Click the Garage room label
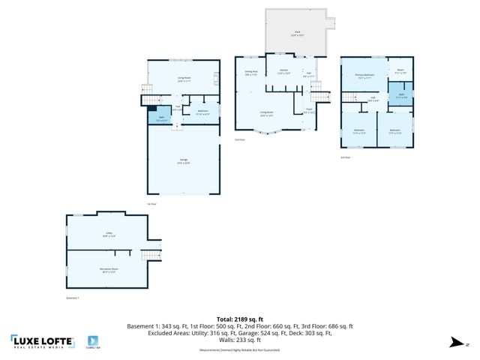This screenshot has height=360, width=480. tap(184, 161)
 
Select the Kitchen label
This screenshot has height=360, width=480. tap(283, 72)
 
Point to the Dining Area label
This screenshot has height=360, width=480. tap(250, 73)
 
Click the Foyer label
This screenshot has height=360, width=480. tap(308, 110)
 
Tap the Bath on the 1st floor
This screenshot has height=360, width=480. tap(161, 118)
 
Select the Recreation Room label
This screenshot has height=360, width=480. tap(109, 269)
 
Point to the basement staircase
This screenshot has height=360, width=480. tap(152, 253)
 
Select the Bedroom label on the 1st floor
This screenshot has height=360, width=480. tap(202, 112)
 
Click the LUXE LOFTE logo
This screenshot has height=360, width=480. tap(43, 342)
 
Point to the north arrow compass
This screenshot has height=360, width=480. tap(454, 343)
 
